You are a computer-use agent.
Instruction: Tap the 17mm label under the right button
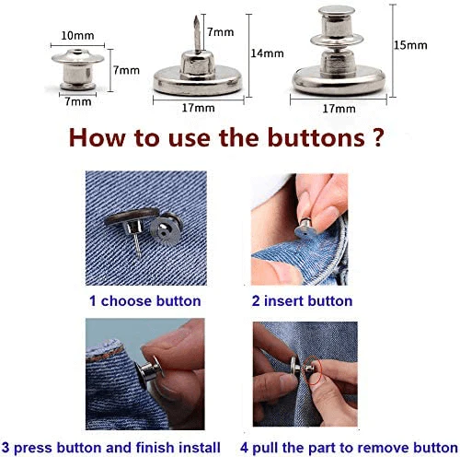[338, 108]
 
